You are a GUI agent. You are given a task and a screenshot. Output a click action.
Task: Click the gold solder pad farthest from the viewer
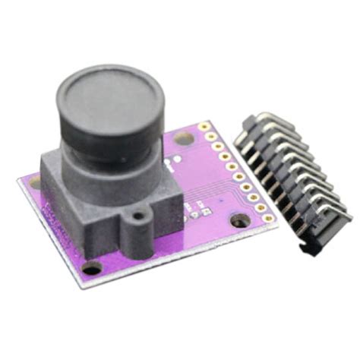point(204,127)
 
